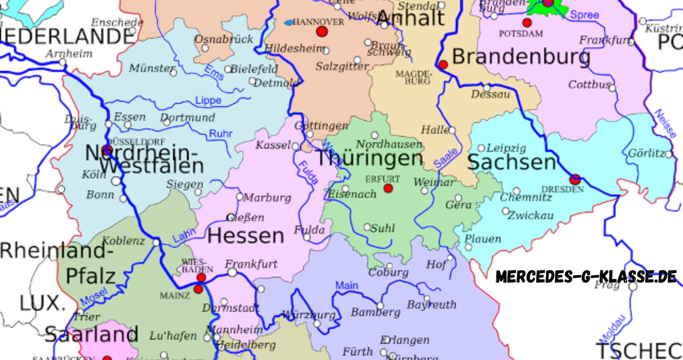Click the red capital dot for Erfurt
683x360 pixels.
(x=388, y=188)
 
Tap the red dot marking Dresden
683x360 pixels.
(x=575, y=179)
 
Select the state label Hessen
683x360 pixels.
(x=245, y=235)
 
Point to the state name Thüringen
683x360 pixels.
(x=369, y=158)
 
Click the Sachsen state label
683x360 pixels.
(x=512, y=163)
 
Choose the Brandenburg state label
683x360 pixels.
(x=521, y=57)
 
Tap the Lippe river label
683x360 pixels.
(x=208, y=101)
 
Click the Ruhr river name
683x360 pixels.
(x=220, y=134)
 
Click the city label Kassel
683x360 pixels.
(x=273, y=145)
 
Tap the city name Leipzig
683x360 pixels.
(x=506, y=148)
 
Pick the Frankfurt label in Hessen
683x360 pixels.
(x=251, y=263)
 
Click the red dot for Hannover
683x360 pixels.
(x=321, y=31)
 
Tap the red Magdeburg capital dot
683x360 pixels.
(x=443, y=65)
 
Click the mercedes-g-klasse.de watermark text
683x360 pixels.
(x=586, y=276)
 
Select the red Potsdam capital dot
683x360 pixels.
(x=527, y=22)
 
